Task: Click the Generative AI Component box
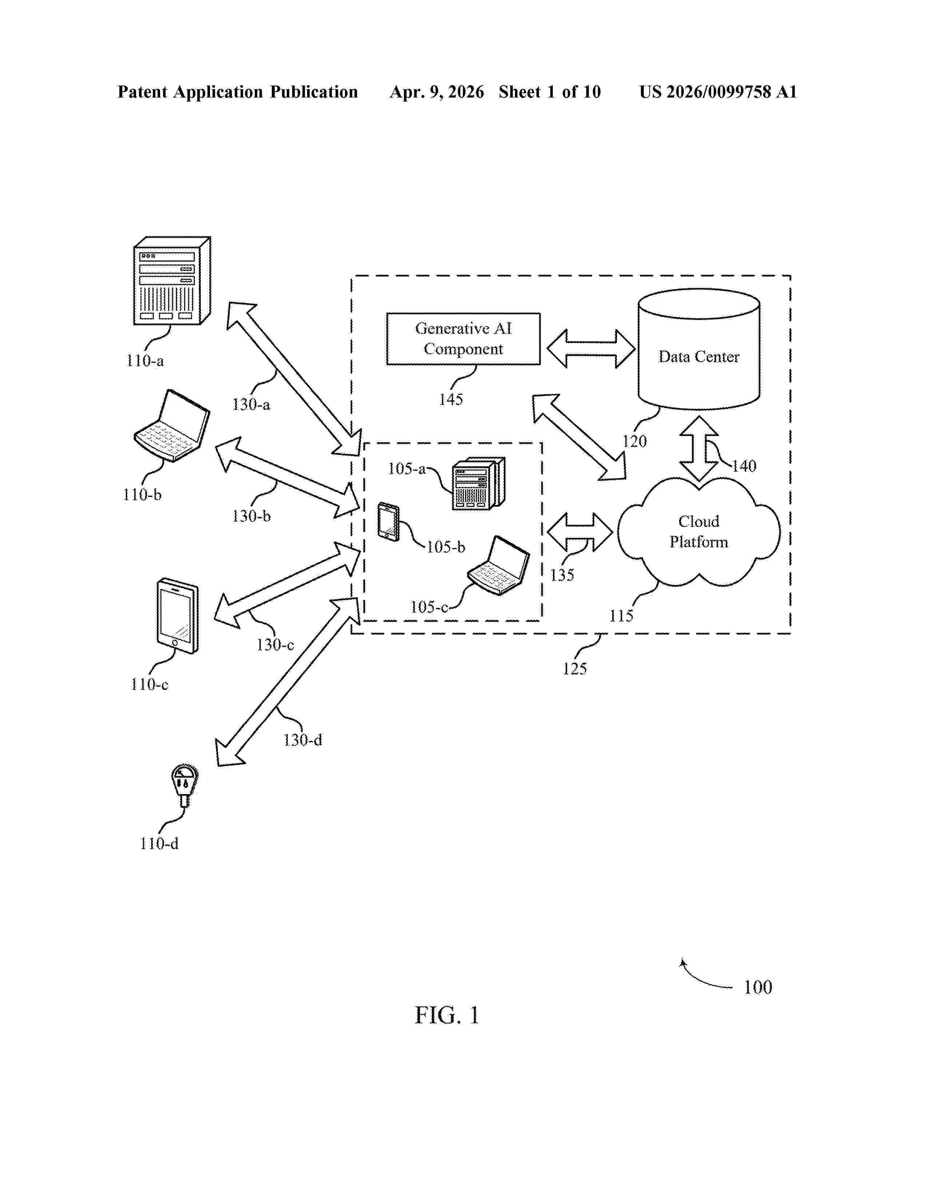click(x=463, y=339)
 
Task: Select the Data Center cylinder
click(x=699, y=349)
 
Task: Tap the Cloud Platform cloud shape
click(x=699, y=532)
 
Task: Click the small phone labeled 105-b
click(x=388, y=522)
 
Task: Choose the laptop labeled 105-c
click(x=499, y=565)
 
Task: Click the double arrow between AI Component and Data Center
click(x=591, y=349)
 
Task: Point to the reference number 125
click(x=575, y=669)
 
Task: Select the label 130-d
click(x=302, y=740)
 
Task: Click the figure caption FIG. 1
click(x=447, y=1015)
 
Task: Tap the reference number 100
click(x=758, y=987)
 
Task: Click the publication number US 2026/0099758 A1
click(x=718, y=92)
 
